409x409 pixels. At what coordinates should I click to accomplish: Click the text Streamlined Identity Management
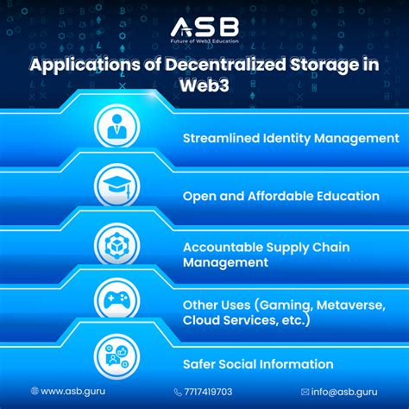click(290, 138)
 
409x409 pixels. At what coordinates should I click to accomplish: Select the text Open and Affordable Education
click(280, 196)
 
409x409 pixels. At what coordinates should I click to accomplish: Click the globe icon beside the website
click(35, 391)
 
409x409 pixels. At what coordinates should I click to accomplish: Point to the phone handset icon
click(178, 391)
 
